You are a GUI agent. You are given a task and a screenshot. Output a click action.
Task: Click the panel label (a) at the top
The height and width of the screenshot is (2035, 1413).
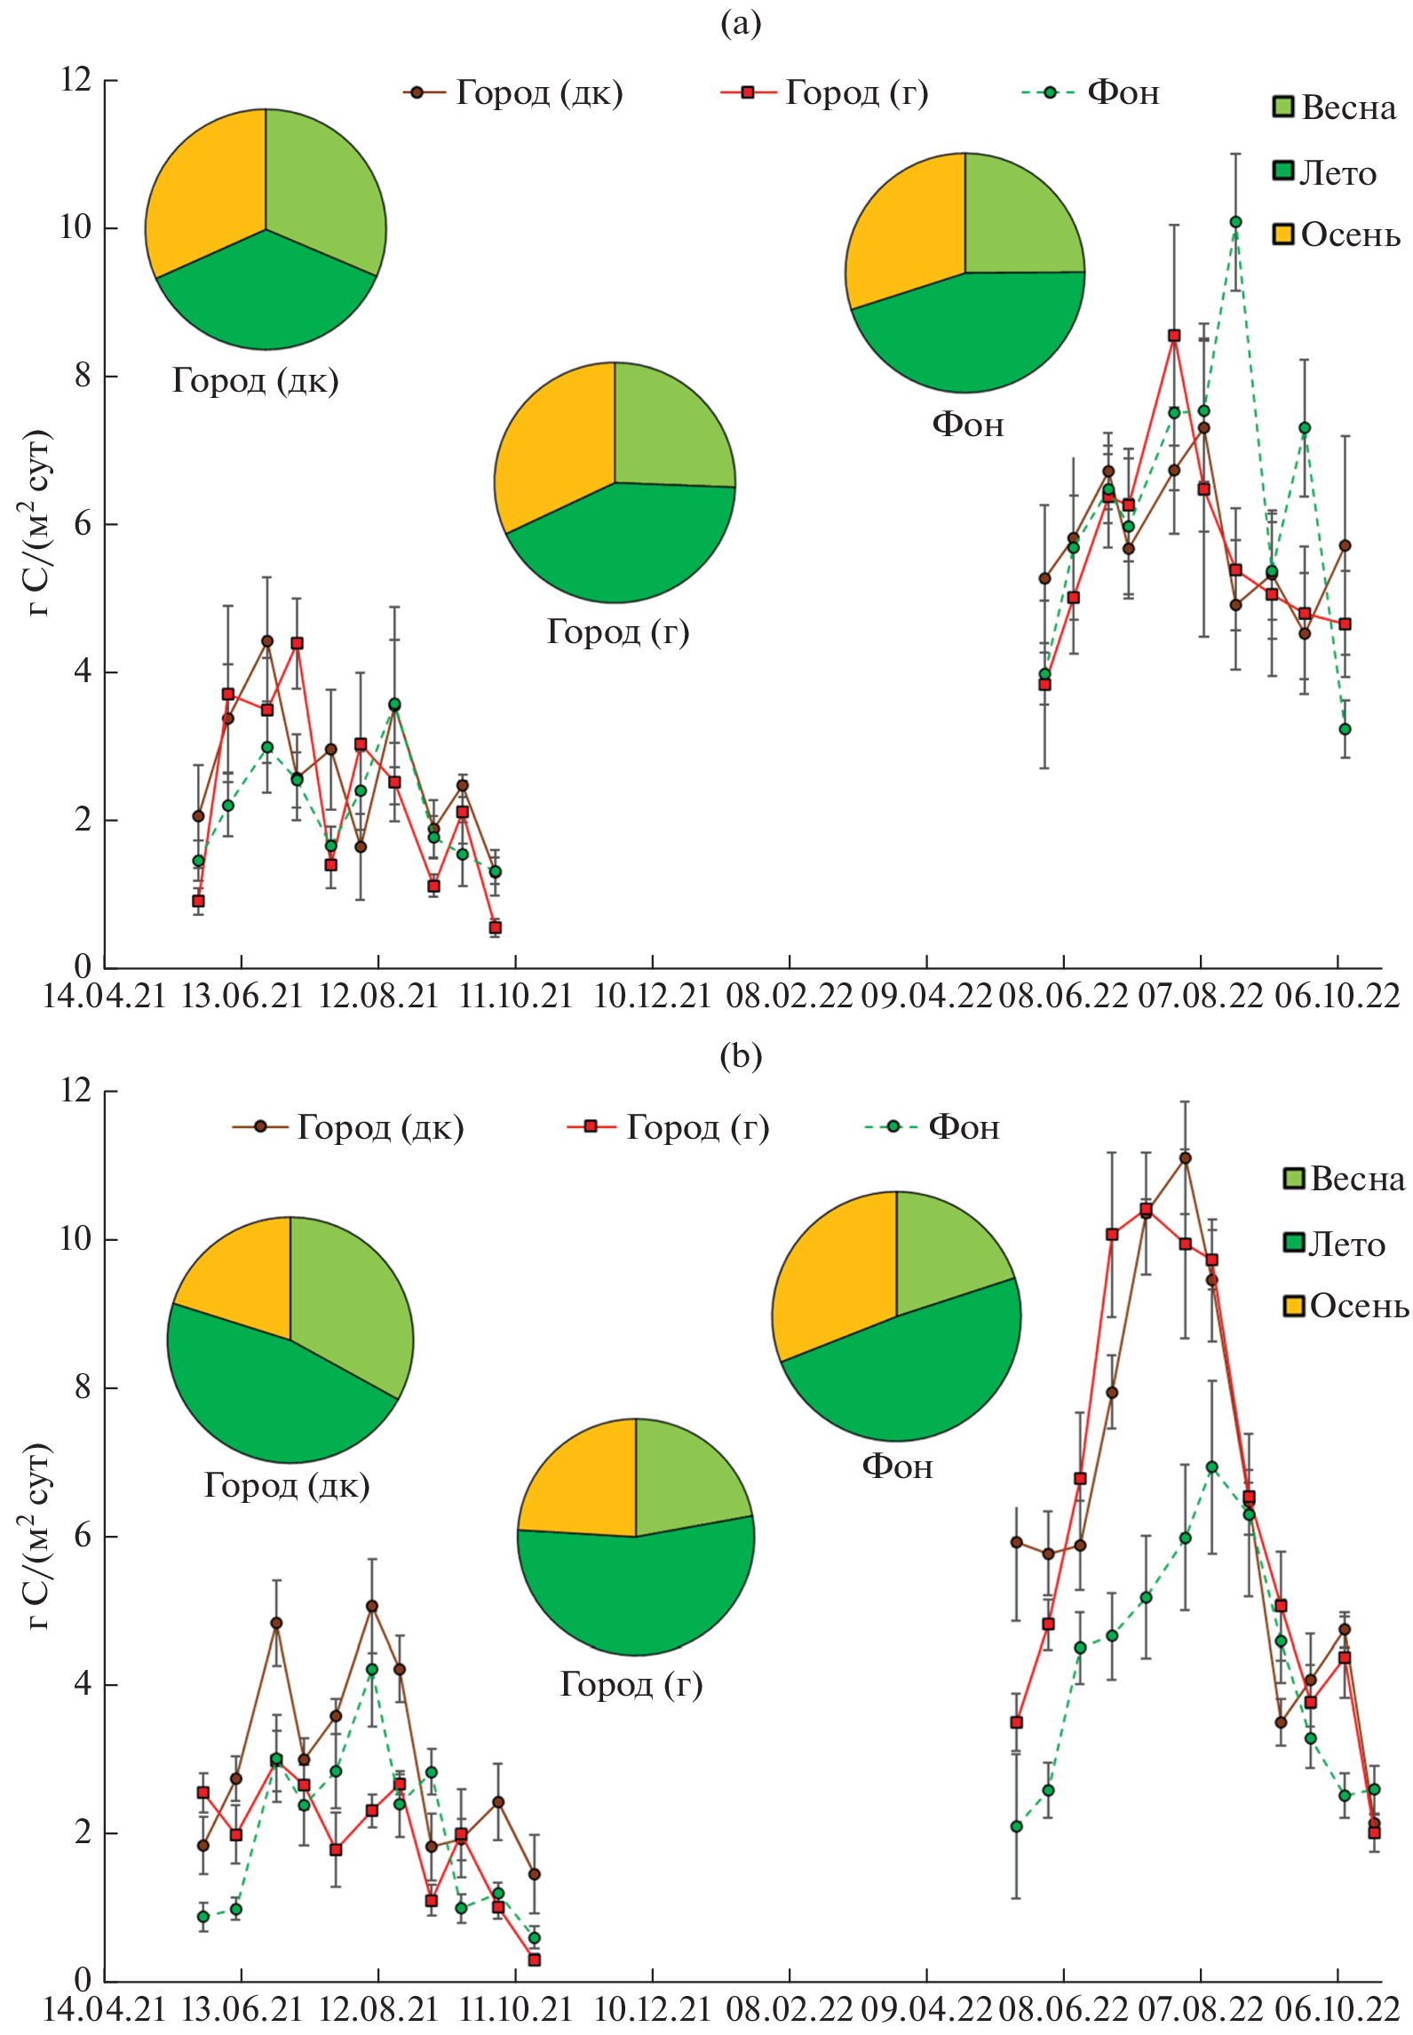(741, 24)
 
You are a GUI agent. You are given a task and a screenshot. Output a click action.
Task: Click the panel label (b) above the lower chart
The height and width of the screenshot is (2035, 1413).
(741, 1055)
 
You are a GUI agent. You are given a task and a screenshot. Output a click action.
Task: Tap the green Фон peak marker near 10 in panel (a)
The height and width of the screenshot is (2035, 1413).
(1235, 222)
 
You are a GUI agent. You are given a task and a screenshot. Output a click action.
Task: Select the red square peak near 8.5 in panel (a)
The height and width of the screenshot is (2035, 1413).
(1174, 336)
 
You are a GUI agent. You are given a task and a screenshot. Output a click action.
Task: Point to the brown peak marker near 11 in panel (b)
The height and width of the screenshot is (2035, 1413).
(1185, 1158)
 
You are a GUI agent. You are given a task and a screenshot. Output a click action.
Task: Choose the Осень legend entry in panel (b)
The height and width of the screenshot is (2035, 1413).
(1346, 1306)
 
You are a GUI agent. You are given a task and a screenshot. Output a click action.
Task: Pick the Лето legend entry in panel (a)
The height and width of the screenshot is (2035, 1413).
(1325, 172)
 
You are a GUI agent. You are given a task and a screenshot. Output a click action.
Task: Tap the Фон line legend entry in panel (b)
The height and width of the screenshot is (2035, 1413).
(933, 1127)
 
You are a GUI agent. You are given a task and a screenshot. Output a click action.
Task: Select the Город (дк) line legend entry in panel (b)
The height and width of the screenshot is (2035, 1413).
(348, 1127)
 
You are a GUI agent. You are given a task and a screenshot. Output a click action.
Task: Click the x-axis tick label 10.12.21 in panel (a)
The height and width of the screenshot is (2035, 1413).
(652, 996)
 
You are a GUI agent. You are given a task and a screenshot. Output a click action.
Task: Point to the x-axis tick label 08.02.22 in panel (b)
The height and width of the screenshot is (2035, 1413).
(789, 2009)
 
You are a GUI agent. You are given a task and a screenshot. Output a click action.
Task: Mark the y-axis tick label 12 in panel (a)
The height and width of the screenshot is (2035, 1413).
(76, 80)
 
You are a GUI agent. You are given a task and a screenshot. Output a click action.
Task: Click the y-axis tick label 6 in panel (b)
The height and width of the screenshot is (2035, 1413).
(83, 1536)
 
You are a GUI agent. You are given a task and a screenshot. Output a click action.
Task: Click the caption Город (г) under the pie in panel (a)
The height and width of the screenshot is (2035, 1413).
(618, 632)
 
